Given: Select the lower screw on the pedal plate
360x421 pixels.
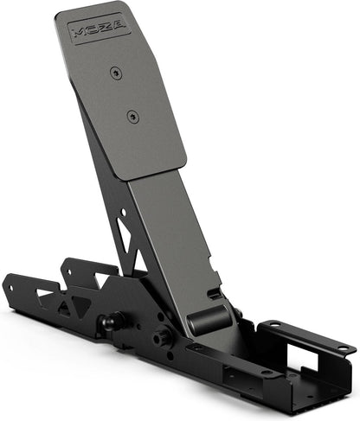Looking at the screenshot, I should click(132, 114).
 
